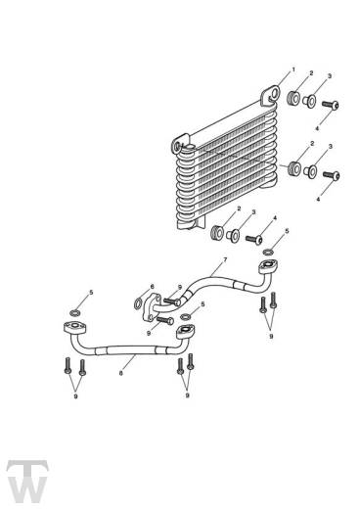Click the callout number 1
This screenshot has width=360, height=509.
click(293, 69)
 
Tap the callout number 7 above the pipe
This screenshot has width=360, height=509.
click(225, 260)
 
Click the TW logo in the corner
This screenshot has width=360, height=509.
click(27, 481)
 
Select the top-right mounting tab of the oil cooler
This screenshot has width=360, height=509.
click(271, 95)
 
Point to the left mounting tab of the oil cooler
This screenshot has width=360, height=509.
click(180, 144)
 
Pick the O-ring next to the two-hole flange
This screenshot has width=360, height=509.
click(138, 302)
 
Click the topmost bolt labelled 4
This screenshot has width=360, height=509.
click(331, 105)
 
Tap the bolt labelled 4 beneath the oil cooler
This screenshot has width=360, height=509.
click(254, 239)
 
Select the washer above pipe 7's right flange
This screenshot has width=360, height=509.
click(268, 252)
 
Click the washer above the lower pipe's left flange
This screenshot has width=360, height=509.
click(75, 312)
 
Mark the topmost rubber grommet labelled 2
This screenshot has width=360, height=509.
click(293, 98)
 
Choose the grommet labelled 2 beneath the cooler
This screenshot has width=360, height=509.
click(217, 232)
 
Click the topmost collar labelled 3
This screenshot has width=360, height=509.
click(309, 101)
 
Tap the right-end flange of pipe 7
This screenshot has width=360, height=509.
click(268, 266)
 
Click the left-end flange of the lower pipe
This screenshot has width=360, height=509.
click(75, 327)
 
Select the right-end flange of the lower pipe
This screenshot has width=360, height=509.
click(186, 331)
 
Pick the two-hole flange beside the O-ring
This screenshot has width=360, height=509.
click(151, 307)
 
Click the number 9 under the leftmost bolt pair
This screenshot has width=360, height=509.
click(75, 396)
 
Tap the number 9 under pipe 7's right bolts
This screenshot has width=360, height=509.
click(271, 336)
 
